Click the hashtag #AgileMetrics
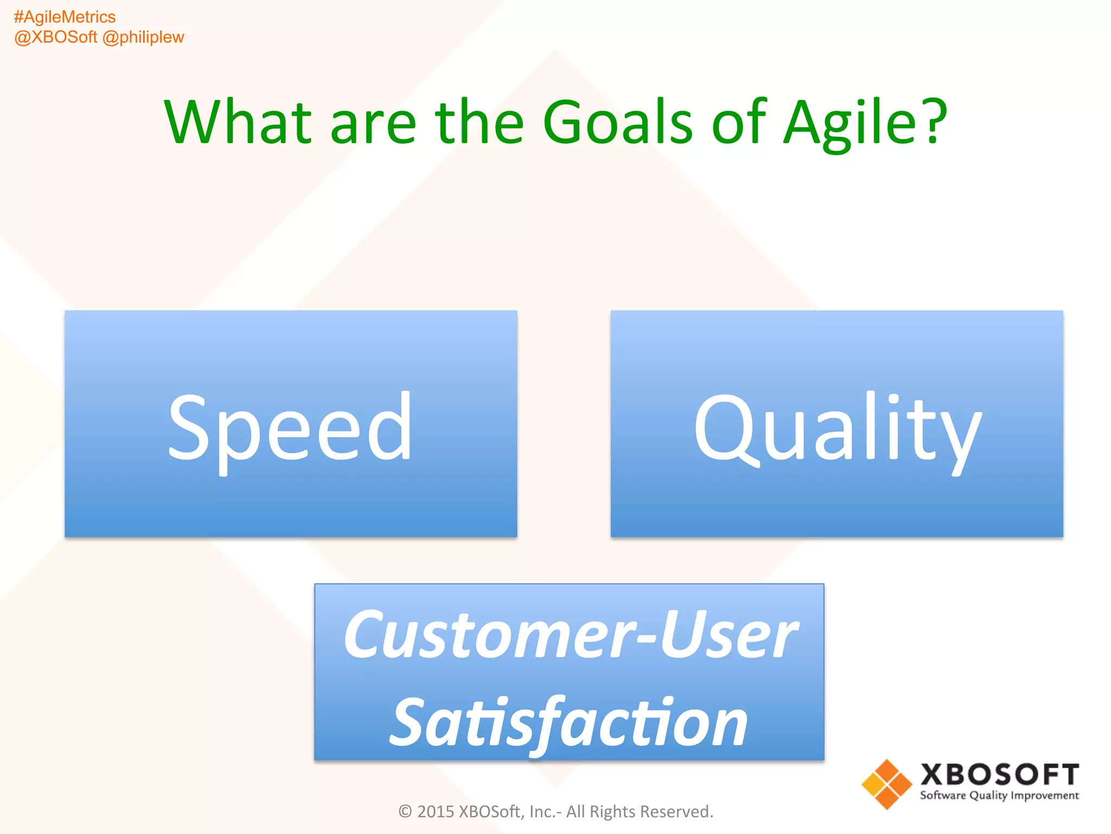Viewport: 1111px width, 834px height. [x=65, y=17]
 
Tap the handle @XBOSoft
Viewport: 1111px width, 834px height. [x=56, y=37]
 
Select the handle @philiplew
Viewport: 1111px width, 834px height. [x=143, y=37]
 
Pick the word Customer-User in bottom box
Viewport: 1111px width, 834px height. [x=570, y=634]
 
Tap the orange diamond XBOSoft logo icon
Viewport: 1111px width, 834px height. [x=887, y=784]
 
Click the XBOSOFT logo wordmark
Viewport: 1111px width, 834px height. [x=999, y=775]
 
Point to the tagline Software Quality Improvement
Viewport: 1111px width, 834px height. [x=999, y=796]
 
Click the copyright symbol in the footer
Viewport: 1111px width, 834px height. [x=405, y=811]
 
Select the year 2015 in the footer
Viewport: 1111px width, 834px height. [x=436, y=811]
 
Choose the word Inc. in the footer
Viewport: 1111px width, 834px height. [x=542, y=811]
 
